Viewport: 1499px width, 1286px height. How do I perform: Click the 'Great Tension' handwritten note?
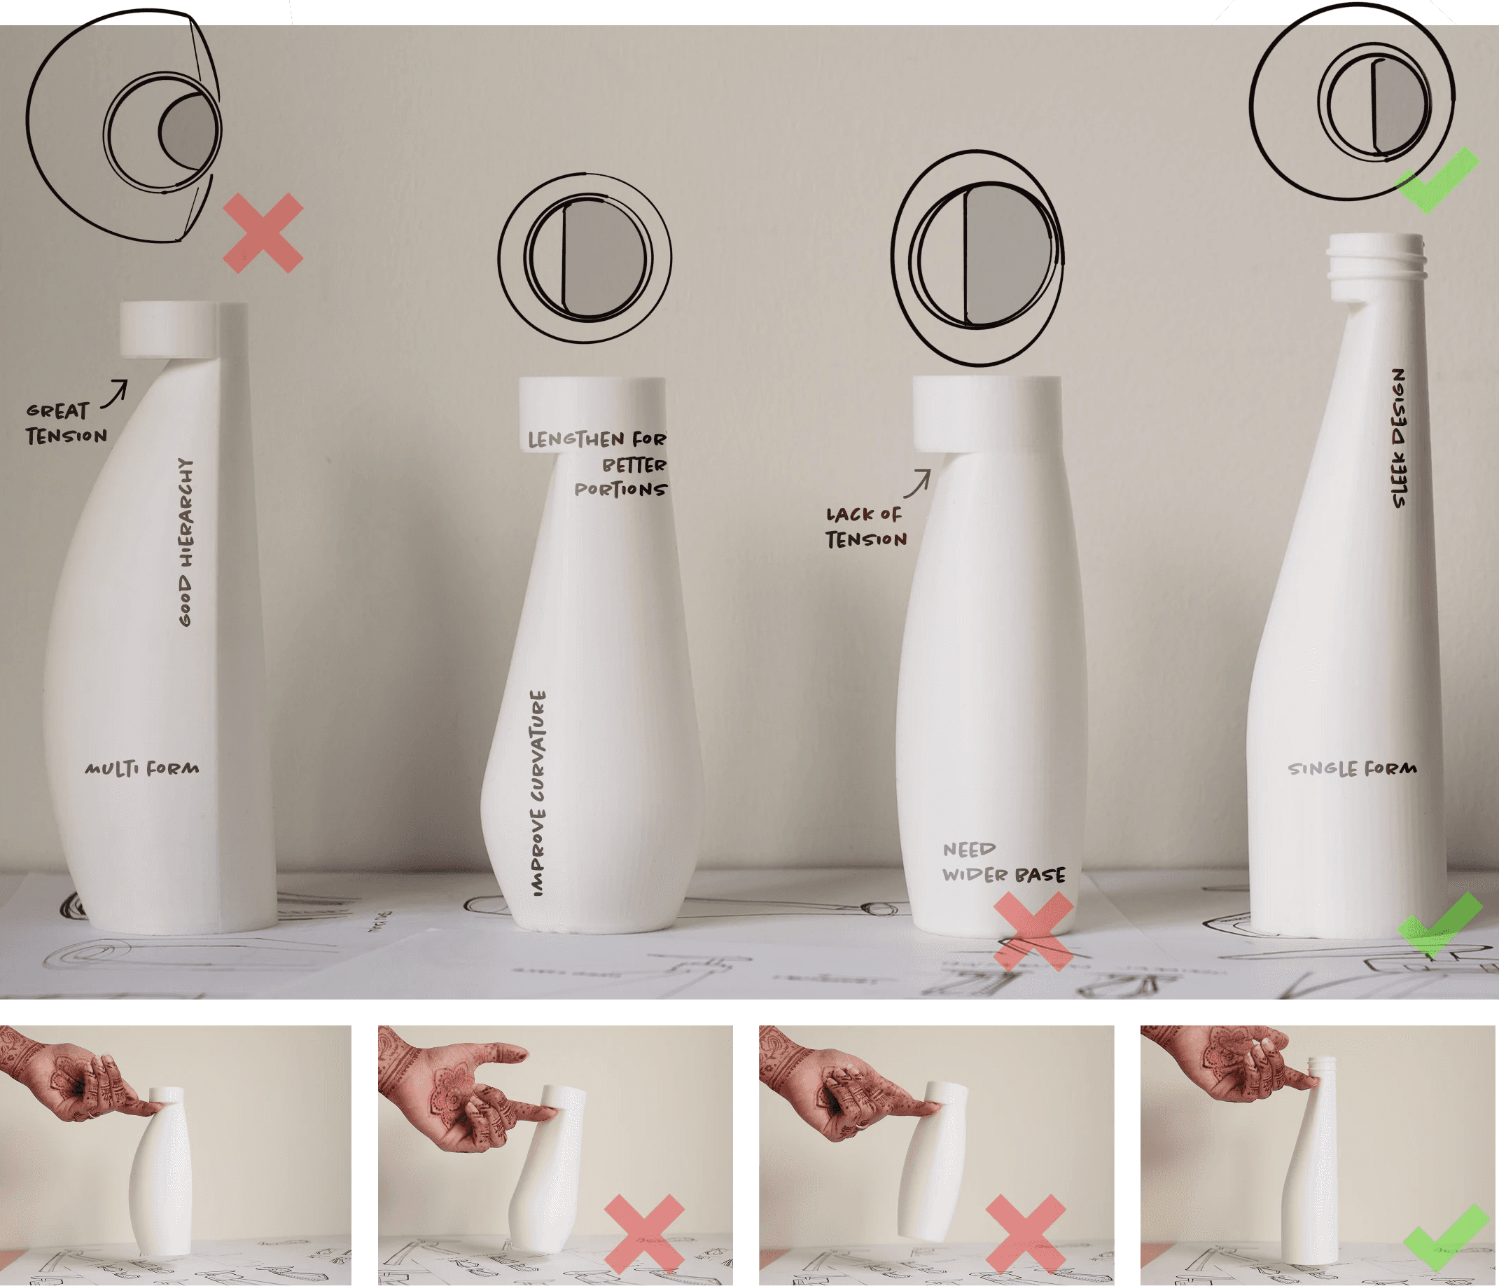pyautogui.click(x=67, y=423)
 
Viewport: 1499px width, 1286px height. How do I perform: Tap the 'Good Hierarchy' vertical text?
pyautogui.click(x=186, y=542)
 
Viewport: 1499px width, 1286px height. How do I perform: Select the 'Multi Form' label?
pyautogui.click(x=142, y=768)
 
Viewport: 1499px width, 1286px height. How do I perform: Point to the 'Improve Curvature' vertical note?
pyautogui.click(x=538, y=793)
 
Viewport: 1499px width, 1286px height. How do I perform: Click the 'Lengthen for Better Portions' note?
pyautogui.click(x=598, y=464)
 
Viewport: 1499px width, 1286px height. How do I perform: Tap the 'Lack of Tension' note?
pyautogui.click(x=866, y=527)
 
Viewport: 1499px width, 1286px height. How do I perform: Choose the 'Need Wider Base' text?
pyautogui.click(x=1003, y=863)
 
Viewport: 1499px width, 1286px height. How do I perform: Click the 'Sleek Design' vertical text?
pyautogui.click(x=1399, y=438)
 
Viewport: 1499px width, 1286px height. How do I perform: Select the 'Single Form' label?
pyautogui.click(x=1352, y=768)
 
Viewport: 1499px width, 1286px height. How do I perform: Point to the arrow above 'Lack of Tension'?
pyautogui.click(x=917, y=483)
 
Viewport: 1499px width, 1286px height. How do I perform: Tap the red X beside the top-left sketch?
pyautogui.click(x=263, y=233)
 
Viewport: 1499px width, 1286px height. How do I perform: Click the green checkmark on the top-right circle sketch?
pyautogui.click(x=1436, y=179)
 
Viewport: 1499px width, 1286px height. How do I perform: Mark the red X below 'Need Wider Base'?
pyautogui.click(x=1034, y=932)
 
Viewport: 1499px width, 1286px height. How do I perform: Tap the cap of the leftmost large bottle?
pyautogui.click(x=169, y=330)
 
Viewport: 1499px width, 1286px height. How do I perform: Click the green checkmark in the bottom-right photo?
pyautogui.click(x=1446, y=1238)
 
